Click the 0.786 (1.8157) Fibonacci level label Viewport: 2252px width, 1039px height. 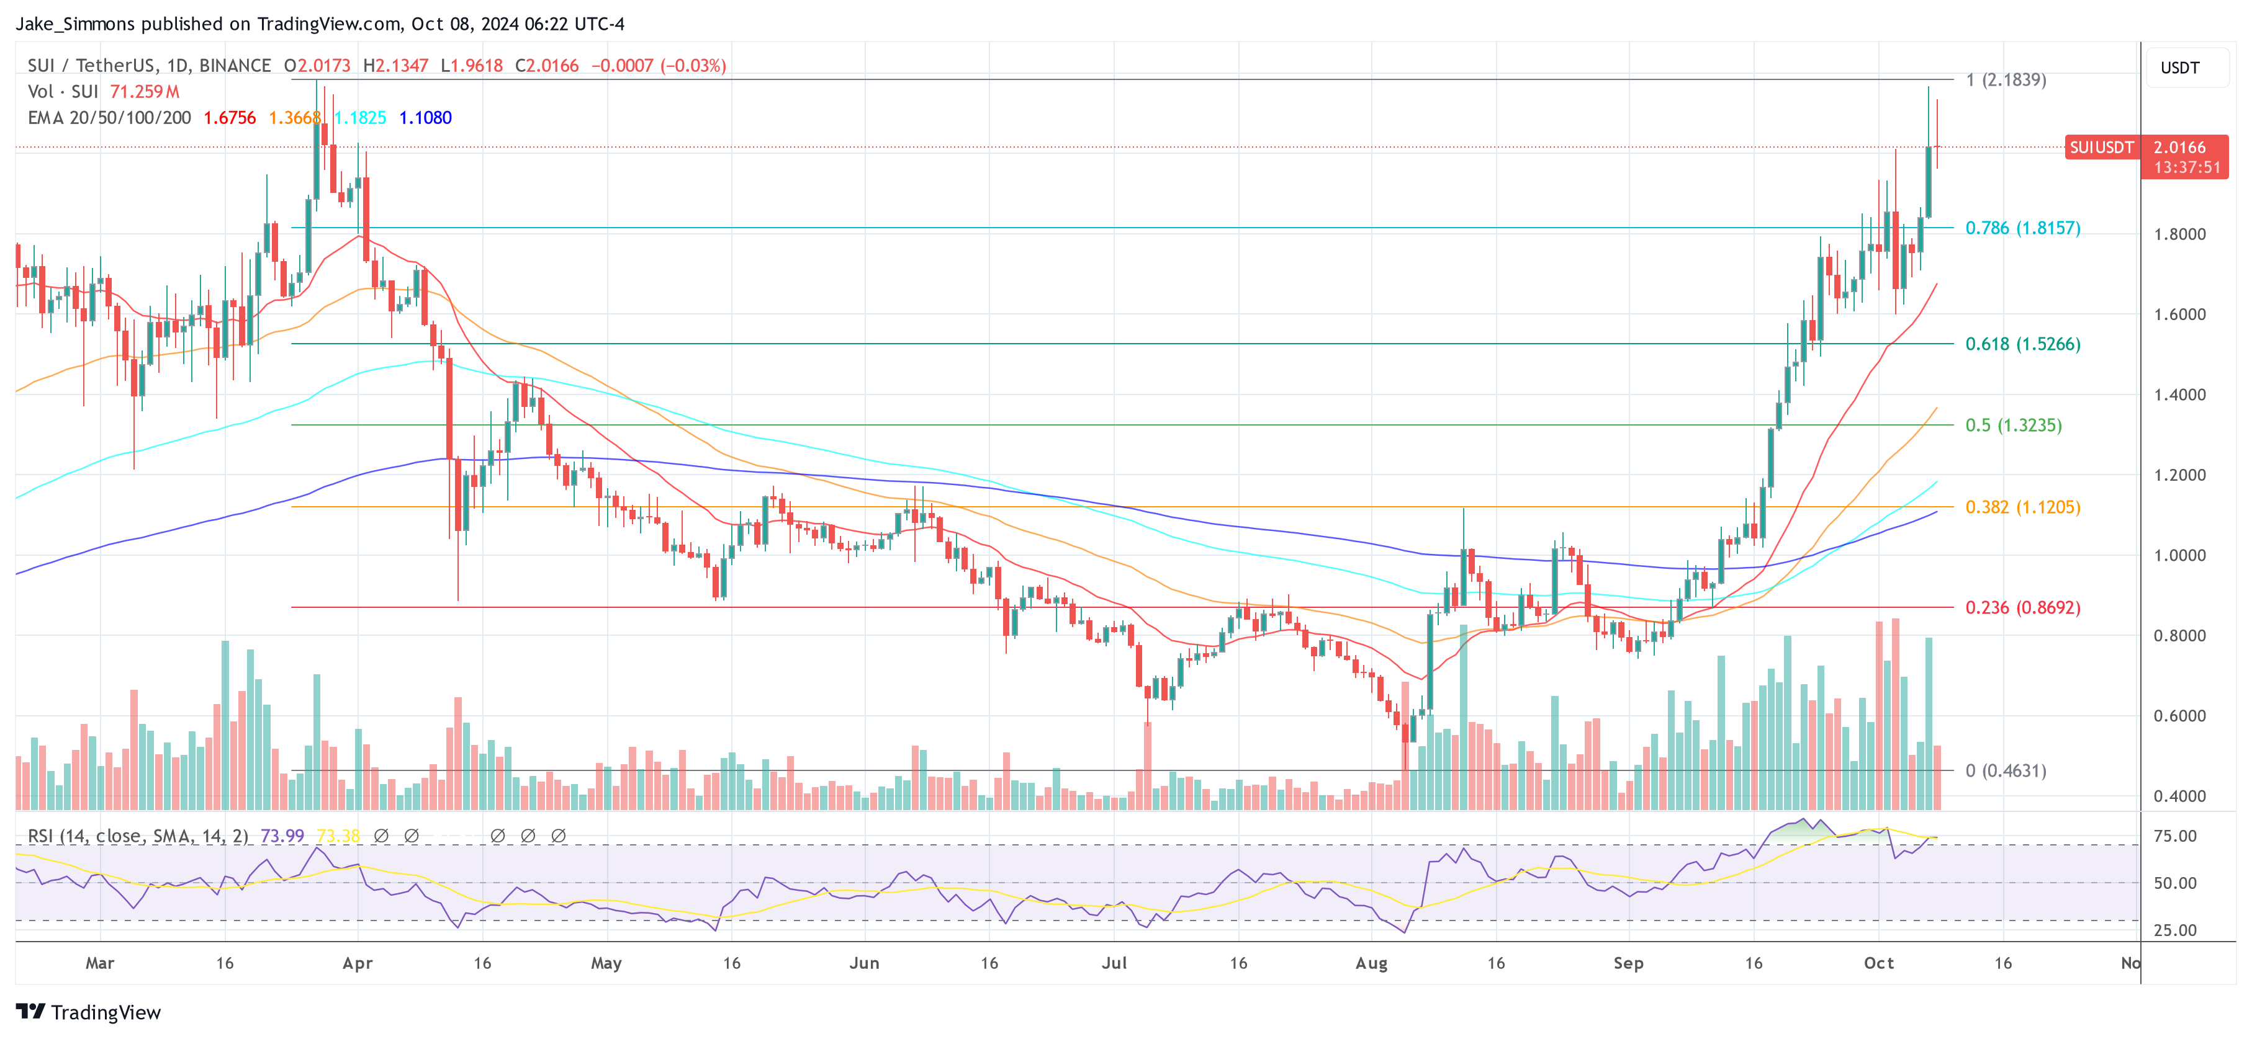click(2022, 228)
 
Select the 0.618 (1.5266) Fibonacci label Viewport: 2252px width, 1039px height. click(2022, 344)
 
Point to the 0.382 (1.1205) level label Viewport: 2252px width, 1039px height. click(2022, 507)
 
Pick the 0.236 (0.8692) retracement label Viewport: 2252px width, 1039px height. click(2022, 607)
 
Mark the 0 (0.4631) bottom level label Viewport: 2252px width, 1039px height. click(2006, 771)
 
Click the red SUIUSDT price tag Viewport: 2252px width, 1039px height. click(2101, 148)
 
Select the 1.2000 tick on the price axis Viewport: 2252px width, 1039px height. click(2179, 475)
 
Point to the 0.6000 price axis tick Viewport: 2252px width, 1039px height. click(2179, 716)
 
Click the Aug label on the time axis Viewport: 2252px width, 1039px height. click(1371, 963)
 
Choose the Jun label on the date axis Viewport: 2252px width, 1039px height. click(863, 963)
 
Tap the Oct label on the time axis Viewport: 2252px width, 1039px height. click(1878, 963)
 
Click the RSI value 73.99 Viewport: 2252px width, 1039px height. click(282, 836)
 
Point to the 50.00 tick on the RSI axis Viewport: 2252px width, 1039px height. click(2174, 883)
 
